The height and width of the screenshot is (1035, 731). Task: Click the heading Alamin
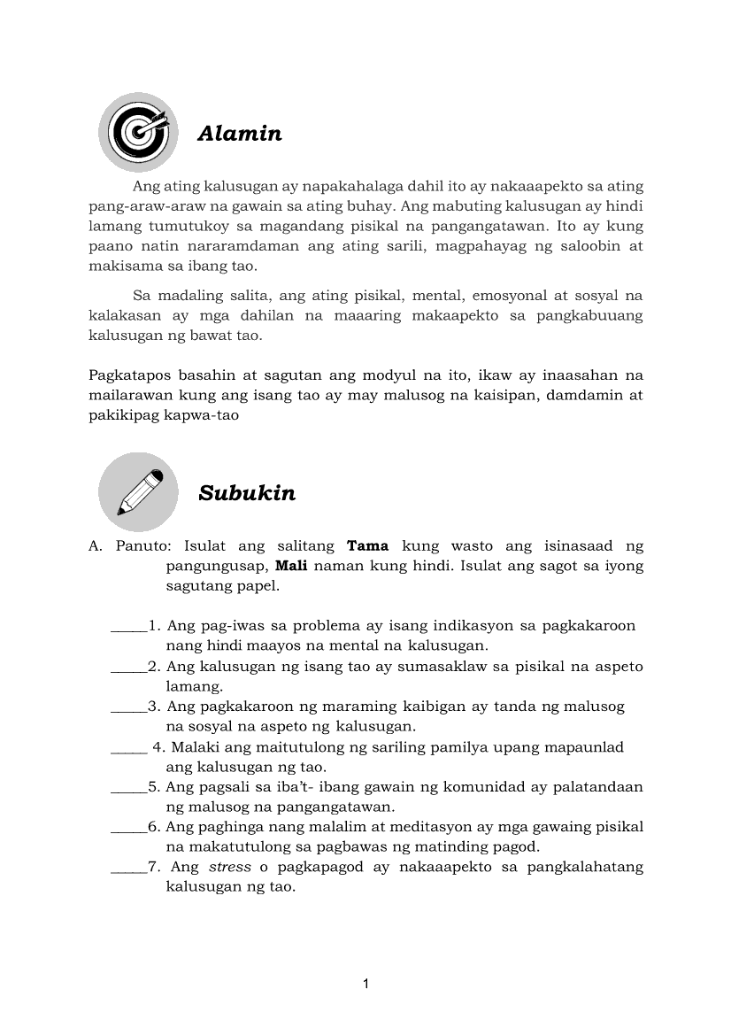coord(240,134)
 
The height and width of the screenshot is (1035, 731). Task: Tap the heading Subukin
coord(247,493)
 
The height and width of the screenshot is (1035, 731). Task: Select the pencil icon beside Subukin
coord(138,491)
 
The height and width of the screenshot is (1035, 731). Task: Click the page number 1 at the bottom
coord(365,984)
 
